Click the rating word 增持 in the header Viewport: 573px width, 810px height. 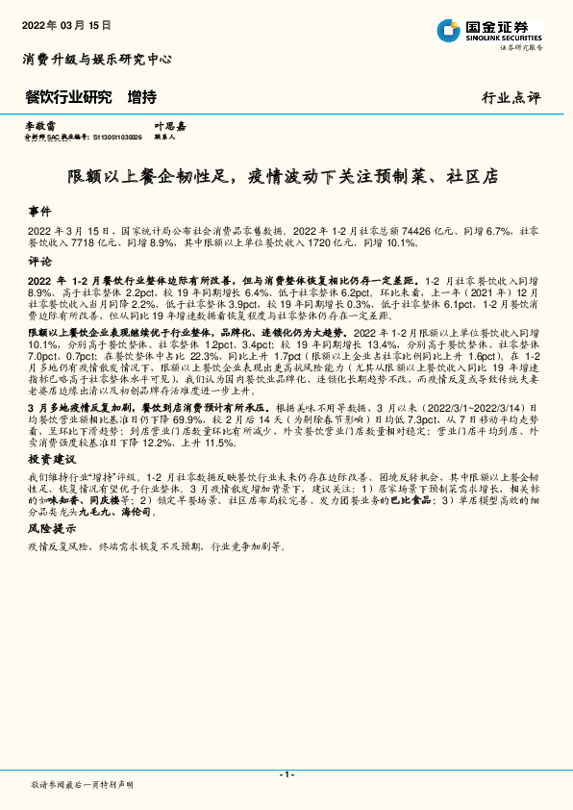coord(142,97)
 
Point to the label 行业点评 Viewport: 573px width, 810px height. coord(511,98)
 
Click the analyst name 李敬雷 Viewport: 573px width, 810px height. coord(40,126)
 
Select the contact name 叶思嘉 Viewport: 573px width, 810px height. coord(169,126)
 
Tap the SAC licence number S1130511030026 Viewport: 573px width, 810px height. coord(117,138)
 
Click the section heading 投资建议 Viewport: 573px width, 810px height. coord(47,460)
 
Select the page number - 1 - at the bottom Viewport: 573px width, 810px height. coord(286,774)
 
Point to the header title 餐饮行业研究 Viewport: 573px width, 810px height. coord(68,97)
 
